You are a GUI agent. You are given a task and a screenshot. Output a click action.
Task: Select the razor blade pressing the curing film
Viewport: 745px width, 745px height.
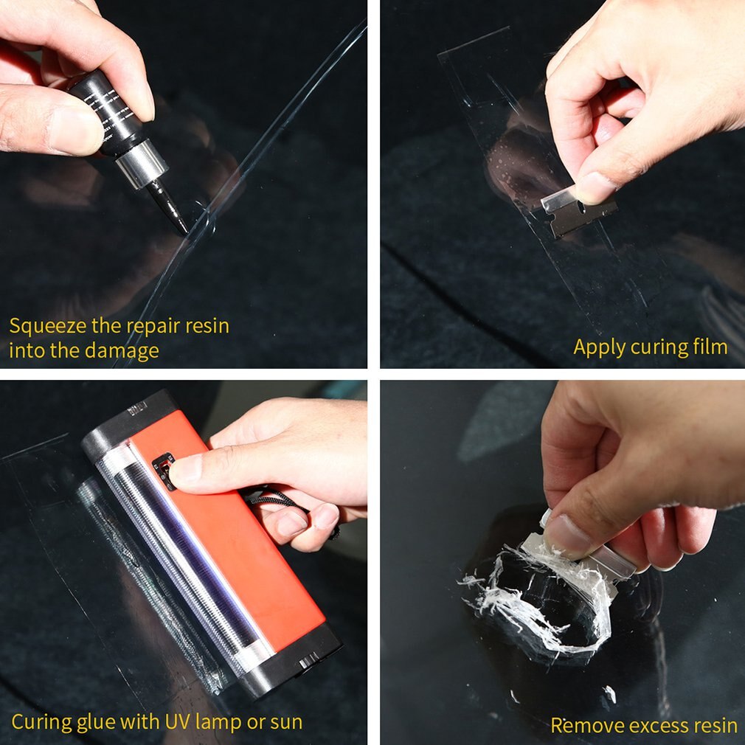pos(578,215)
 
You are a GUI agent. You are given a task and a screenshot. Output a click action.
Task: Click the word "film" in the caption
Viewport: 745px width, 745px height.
pos(707,347)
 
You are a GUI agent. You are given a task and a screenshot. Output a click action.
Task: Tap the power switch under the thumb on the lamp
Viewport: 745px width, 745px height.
pos(163,471)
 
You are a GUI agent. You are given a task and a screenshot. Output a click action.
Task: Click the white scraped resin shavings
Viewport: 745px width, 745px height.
pos(516,590)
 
